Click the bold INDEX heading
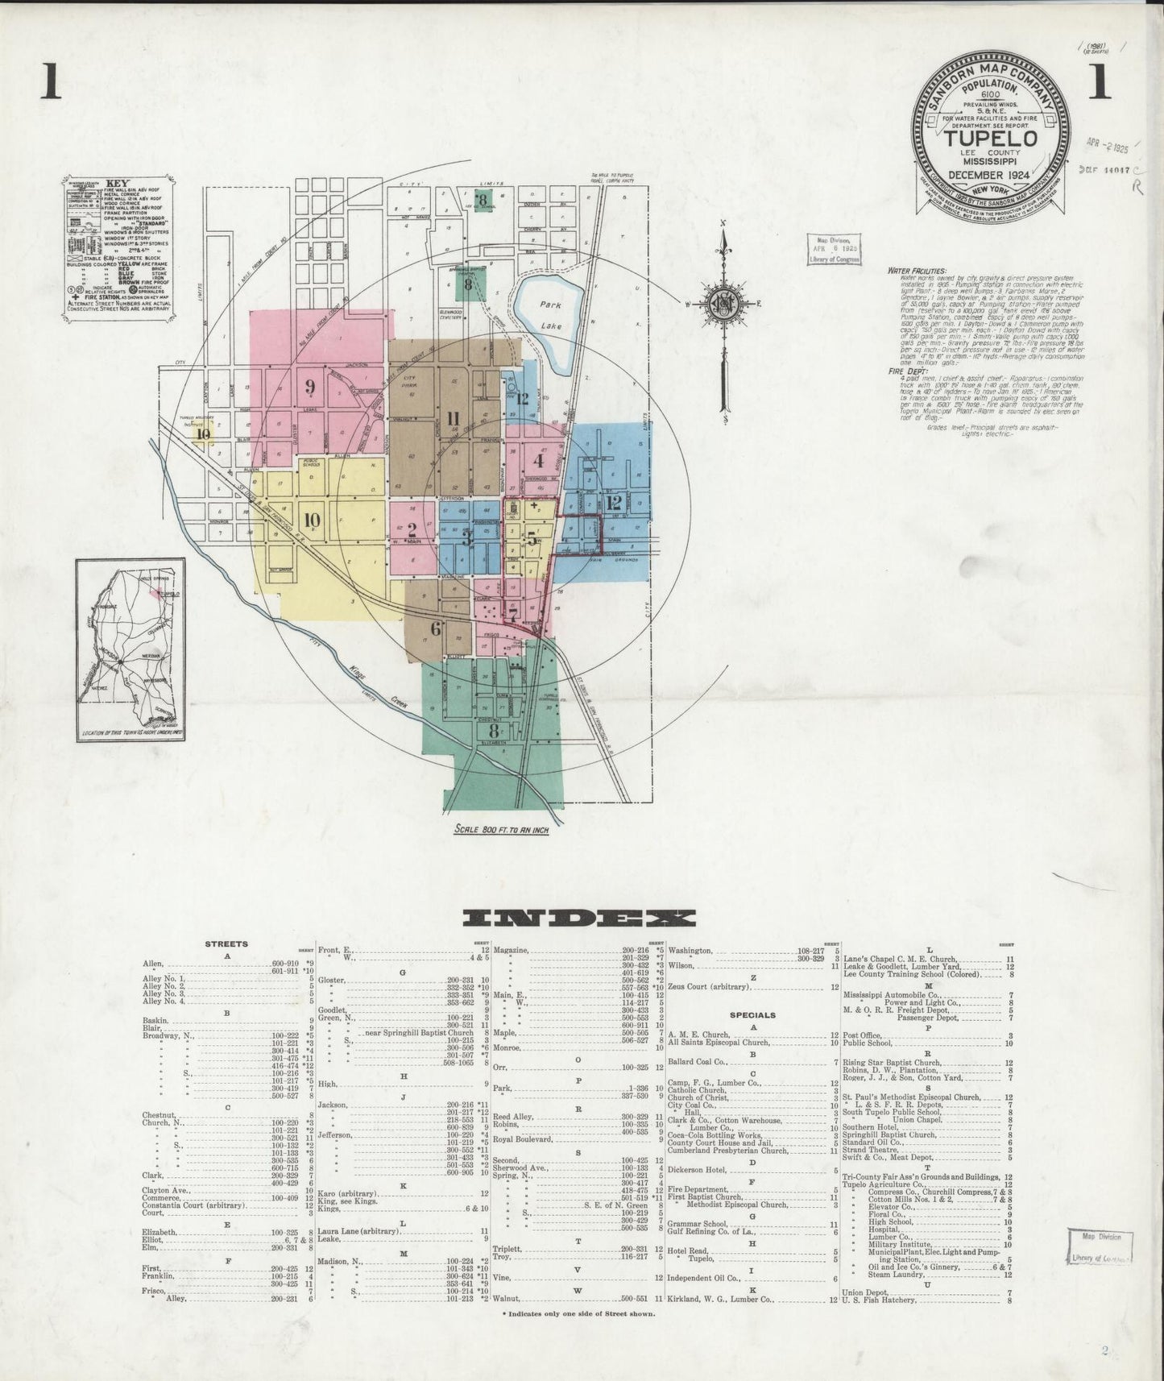click(x=579, y=919)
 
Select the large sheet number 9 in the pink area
click(x=309, y=386)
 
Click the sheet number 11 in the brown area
click(x=452, y=418)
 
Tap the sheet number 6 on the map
click(x=436, y=629)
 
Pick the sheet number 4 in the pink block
click(x=539, y=462)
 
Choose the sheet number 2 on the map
click(x=411, y=529)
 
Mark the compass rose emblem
click(x=722, y=304)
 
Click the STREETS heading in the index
click(x=226, y=943)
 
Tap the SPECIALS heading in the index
click(x=752, y=1015)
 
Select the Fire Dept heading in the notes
click(x=904, y=371)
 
